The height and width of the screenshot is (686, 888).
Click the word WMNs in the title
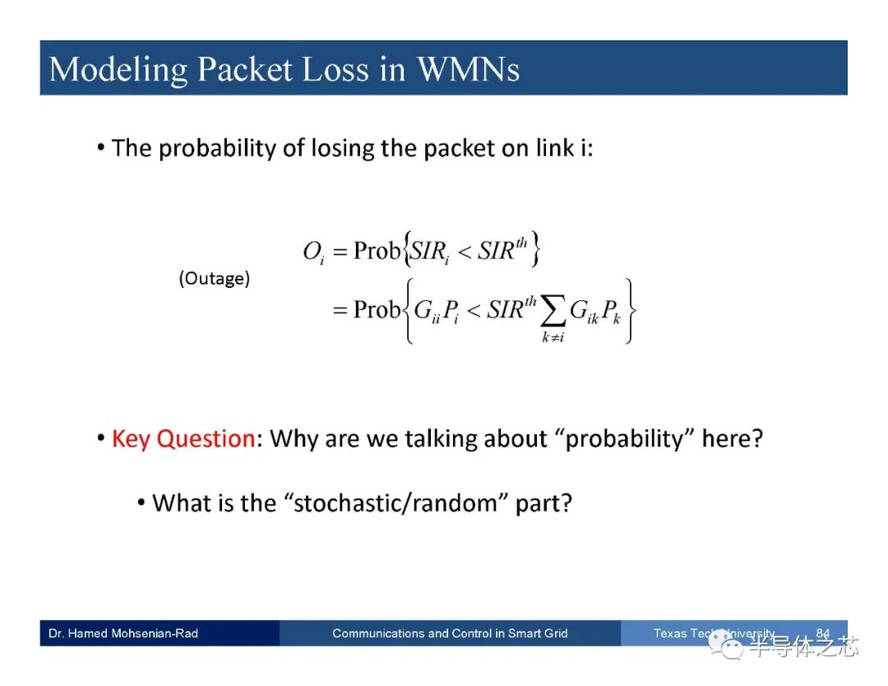click(x=469, y=69)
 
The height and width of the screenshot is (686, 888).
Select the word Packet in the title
click(x=245, y=69)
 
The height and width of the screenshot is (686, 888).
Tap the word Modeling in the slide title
click(x=118, y=71)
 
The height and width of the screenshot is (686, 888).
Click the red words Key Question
click(x=183, y=439)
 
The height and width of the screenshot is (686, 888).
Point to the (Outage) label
click(x=214, y=278)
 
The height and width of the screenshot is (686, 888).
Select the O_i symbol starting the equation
click(x=314, y=252)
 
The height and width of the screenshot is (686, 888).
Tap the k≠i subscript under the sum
click(x=553, y=337)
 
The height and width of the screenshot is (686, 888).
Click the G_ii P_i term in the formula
click(x=436, y=311)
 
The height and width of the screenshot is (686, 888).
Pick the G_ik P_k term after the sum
click(x=595, y=311)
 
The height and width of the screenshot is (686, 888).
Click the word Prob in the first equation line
click(x=377, y=250)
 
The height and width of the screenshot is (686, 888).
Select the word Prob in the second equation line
click(x=377, y=309)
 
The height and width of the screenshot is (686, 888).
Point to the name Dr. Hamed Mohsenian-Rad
click(x=123, y=633)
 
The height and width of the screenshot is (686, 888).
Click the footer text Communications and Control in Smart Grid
click(x=450, y=633)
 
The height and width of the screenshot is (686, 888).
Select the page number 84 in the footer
click(x=823, y=633)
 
